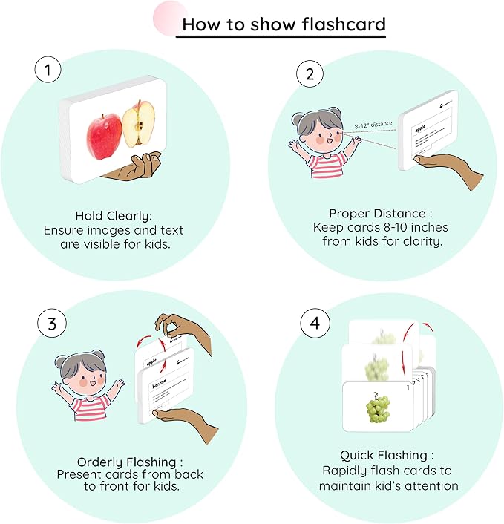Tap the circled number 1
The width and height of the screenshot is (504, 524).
(x=48, y=71)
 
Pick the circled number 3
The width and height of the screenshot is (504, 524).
(x=51, y=324)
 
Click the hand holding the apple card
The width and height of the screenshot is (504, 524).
(x=137, y=167)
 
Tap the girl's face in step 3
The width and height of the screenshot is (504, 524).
(x=79, y=376)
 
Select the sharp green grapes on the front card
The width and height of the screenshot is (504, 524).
(x=379, y=409)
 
